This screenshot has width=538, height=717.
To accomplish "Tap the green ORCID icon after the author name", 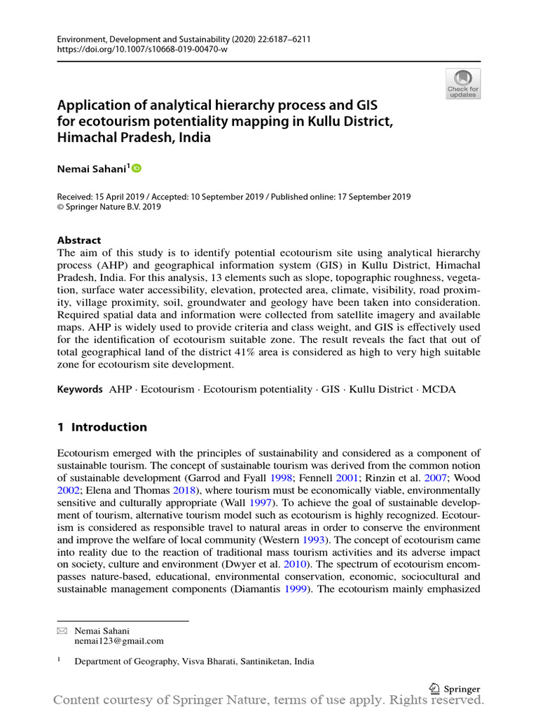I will coord(136,168).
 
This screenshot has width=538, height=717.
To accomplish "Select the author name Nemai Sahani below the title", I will coord(91,169).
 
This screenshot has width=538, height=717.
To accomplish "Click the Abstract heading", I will coord(79,240).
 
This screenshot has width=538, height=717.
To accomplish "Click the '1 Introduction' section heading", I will coord(102,427).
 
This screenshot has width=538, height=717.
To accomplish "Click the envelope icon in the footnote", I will coord(60,630).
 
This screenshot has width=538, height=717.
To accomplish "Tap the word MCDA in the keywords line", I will coord(439,389).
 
